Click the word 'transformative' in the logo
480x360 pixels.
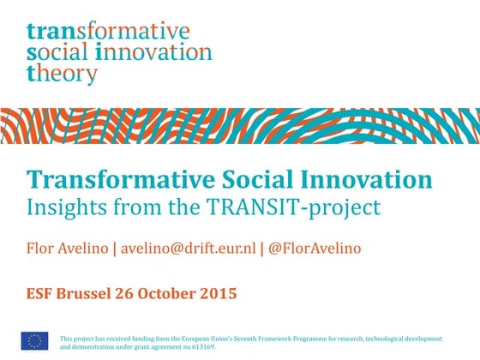(108, 32)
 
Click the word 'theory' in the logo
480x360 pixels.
(63, 74)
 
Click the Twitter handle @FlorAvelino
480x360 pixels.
(315, 249)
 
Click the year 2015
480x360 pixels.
(216, 293)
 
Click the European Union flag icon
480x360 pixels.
(34, 340)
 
